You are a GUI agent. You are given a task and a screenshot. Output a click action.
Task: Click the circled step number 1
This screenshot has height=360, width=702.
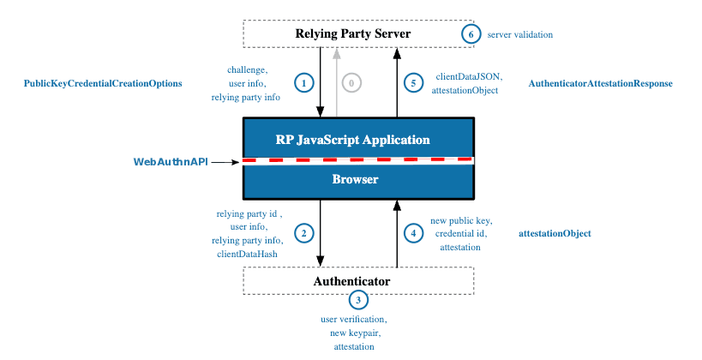coord(303,83)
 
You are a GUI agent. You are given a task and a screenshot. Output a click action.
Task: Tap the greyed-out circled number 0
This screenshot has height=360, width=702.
coord(351,83)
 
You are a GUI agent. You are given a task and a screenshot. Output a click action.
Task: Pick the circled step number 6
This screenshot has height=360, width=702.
coord(470,34)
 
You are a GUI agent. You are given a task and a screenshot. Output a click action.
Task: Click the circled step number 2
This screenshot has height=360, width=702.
coord(303,232)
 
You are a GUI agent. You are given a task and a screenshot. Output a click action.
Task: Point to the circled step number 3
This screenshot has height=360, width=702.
coord(358,300)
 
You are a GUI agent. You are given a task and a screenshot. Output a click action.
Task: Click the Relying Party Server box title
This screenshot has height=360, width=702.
coord(353,34)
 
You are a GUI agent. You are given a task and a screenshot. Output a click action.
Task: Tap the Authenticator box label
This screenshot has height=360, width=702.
coord(351,281)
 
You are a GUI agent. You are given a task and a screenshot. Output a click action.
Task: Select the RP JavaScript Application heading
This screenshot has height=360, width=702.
coord(352,139)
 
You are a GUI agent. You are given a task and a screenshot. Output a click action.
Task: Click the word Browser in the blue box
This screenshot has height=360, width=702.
coord(355,179)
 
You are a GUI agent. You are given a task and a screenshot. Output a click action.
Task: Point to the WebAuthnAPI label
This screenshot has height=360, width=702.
coord(171,161)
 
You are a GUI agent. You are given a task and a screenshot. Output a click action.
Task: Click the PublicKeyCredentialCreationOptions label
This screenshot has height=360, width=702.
coord(103,84)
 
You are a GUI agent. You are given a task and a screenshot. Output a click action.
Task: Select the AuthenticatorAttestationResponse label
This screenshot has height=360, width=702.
coord(600,84)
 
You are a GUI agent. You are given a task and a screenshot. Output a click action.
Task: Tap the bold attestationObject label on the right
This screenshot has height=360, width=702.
coord(555,233)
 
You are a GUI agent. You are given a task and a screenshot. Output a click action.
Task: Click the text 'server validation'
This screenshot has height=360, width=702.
coord(519,35)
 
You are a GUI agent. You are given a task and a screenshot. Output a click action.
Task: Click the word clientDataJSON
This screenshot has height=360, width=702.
coord(468,76)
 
